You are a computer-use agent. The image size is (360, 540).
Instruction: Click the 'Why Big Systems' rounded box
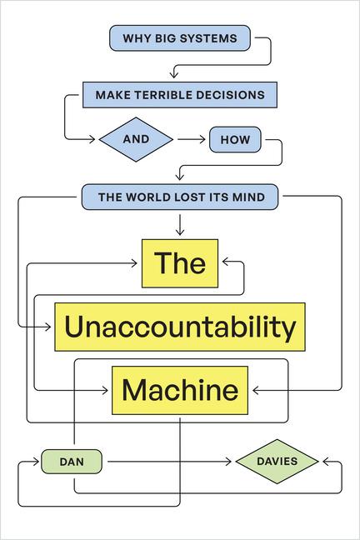[x=180, y=38]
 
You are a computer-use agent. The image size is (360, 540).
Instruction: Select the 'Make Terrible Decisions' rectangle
[x=179, y=95]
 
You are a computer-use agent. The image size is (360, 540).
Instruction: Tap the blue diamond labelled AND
[x=135, y=139]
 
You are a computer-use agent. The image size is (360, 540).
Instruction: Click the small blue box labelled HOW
[x=235, y=139]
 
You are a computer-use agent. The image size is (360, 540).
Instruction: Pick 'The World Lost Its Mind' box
[x=180, y=197]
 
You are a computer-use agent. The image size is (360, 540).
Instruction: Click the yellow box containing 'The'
[x=180, y=263]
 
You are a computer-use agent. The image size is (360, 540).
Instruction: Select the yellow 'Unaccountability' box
[x=180, y=327]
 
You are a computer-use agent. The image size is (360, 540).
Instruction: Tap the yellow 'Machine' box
[x=180, y=389]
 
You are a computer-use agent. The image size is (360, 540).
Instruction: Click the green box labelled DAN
[x=72, y=462]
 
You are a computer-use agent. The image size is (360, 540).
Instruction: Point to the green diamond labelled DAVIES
[x=277, y=462]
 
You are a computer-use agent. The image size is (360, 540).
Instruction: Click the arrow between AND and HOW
[x=190, y=139]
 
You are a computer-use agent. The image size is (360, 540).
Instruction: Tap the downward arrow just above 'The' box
[x=180, y=228]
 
